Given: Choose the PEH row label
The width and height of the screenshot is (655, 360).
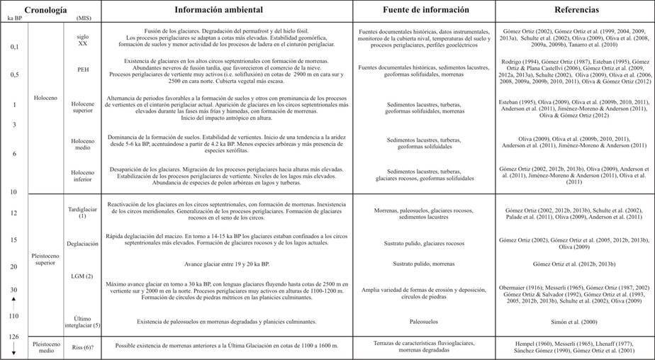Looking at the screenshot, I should (84, 69).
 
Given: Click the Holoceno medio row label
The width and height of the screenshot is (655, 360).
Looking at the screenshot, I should (83, 145).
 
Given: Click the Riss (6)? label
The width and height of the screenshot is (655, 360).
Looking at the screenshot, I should (83, 347).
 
